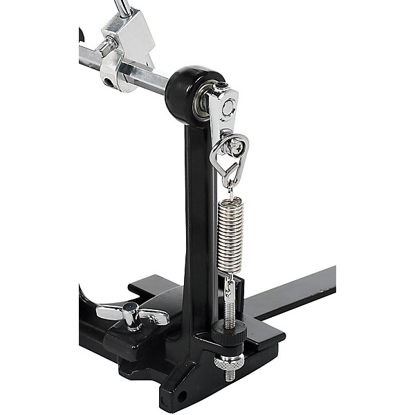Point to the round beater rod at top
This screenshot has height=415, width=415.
point(122,8)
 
